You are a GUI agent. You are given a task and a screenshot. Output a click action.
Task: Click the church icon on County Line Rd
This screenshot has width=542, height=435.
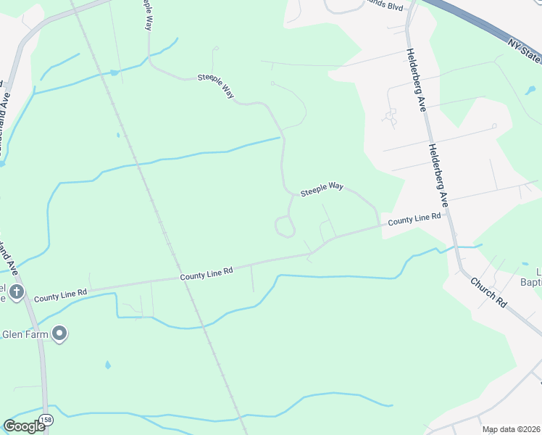pos(16,294)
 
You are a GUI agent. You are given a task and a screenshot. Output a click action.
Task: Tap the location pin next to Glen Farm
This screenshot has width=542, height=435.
pos(60,333)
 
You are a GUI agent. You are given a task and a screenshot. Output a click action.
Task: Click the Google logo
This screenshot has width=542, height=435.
pos(24,426)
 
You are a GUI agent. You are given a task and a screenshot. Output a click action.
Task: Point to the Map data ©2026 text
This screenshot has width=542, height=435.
pos(512,429)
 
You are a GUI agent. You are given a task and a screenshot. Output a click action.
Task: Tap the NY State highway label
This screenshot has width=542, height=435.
pos(525,51)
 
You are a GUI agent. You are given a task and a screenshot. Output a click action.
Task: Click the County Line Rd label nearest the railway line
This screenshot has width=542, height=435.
pos(207,273)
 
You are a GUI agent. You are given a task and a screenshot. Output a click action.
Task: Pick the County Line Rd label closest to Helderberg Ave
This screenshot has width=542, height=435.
pos(414,219)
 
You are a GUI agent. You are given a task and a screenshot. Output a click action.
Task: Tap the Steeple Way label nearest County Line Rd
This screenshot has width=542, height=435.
pos(322,188)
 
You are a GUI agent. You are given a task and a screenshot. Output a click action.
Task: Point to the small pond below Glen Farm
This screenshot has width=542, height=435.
pos(107,365)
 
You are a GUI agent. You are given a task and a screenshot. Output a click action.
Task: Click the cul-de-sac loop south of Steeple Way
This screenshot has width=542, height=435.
pos(285,227)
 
